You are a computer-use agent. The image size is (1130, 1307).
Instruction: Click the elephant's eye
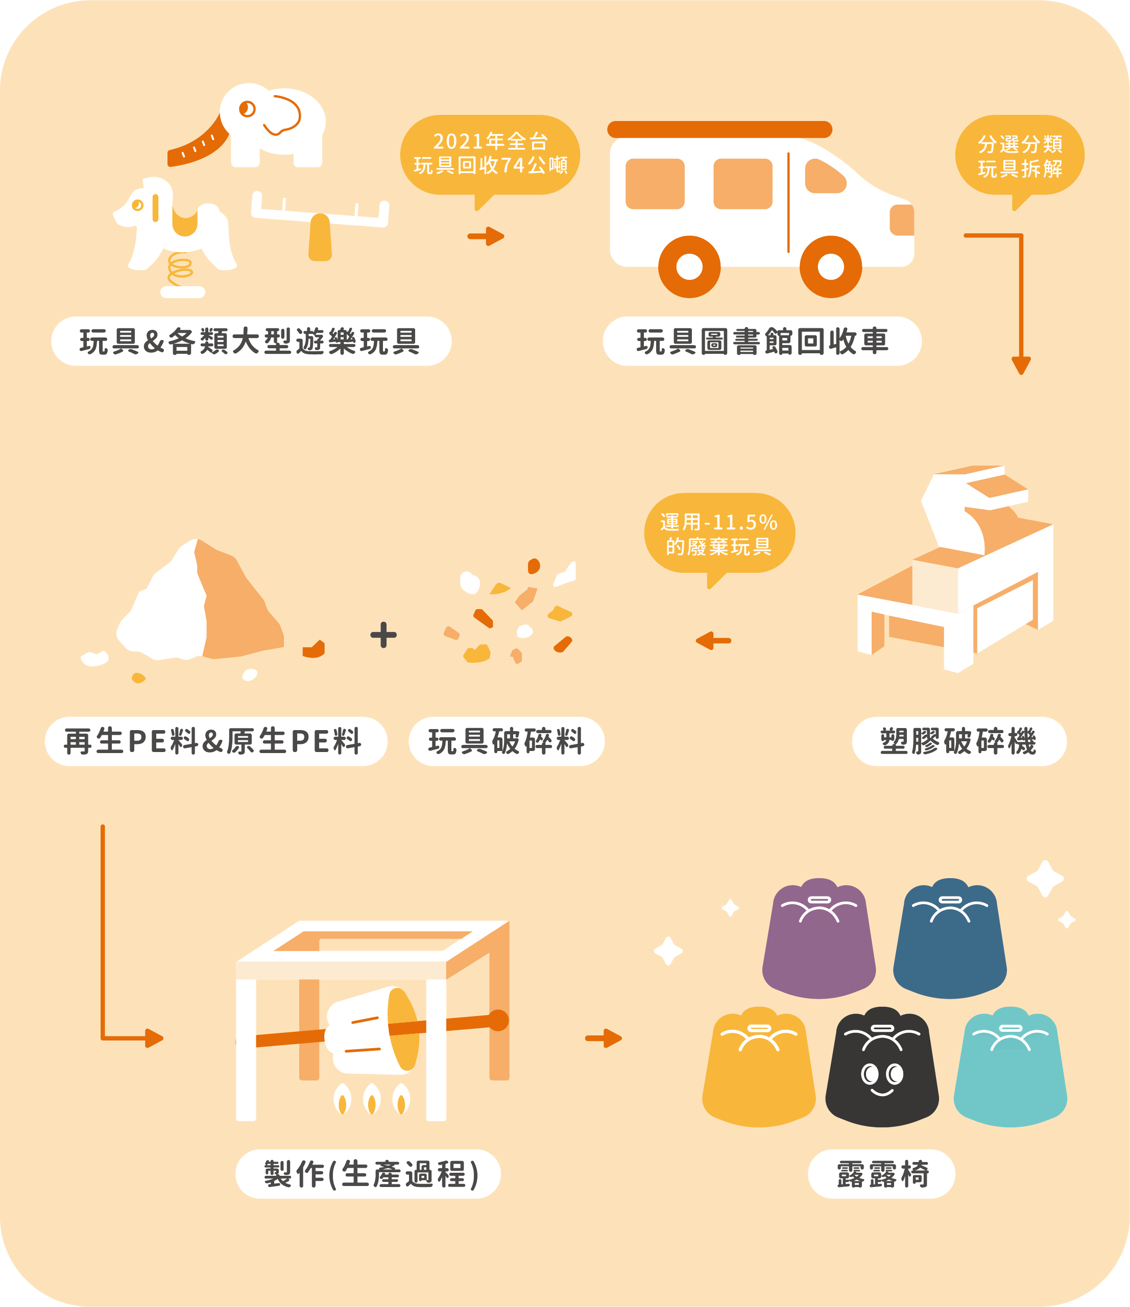tap(247, 109)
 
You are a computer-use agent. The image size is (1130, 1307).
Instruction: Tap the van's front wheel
tap(830, 267)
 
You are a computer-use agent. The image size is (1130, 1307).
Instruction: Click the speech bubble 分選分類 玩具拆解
tap(1020, 155)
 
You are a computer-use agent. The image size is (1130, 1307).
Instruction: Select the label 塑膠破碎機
tap(958, 741)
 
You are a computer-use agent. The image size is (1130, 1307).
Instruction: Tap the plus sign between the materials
tap(383, 635)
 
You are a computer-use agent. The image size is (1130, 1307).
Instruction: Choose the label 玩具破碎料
tap(506, 741)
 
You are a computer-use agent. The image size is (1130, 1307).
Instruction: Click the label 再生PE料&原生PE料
tap(215, 741)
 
